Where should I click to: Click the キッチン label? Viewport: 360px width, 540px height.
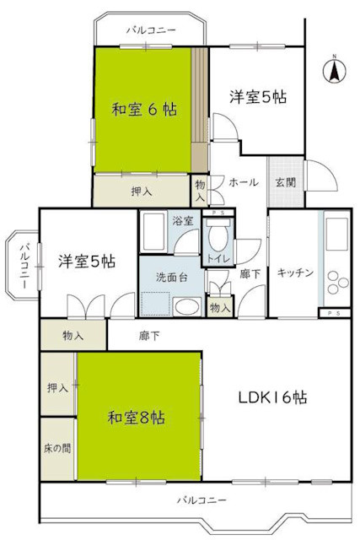(295, 273)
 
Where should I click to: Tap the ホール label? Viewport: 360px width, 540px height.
(244, 181)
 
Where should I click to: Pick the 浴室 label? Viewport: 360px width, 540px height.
(183, 220)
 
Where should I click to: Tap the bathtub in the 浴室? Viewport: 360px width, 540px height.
(153, 230)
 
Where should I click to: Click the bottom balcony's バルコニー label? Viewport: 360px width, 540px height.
(201, 500)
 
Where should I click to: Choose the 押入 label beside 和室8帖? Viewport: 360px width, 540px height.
(57, 388)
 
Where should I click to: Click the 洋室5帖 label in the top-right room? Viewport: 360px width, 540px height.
(258, 98)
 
